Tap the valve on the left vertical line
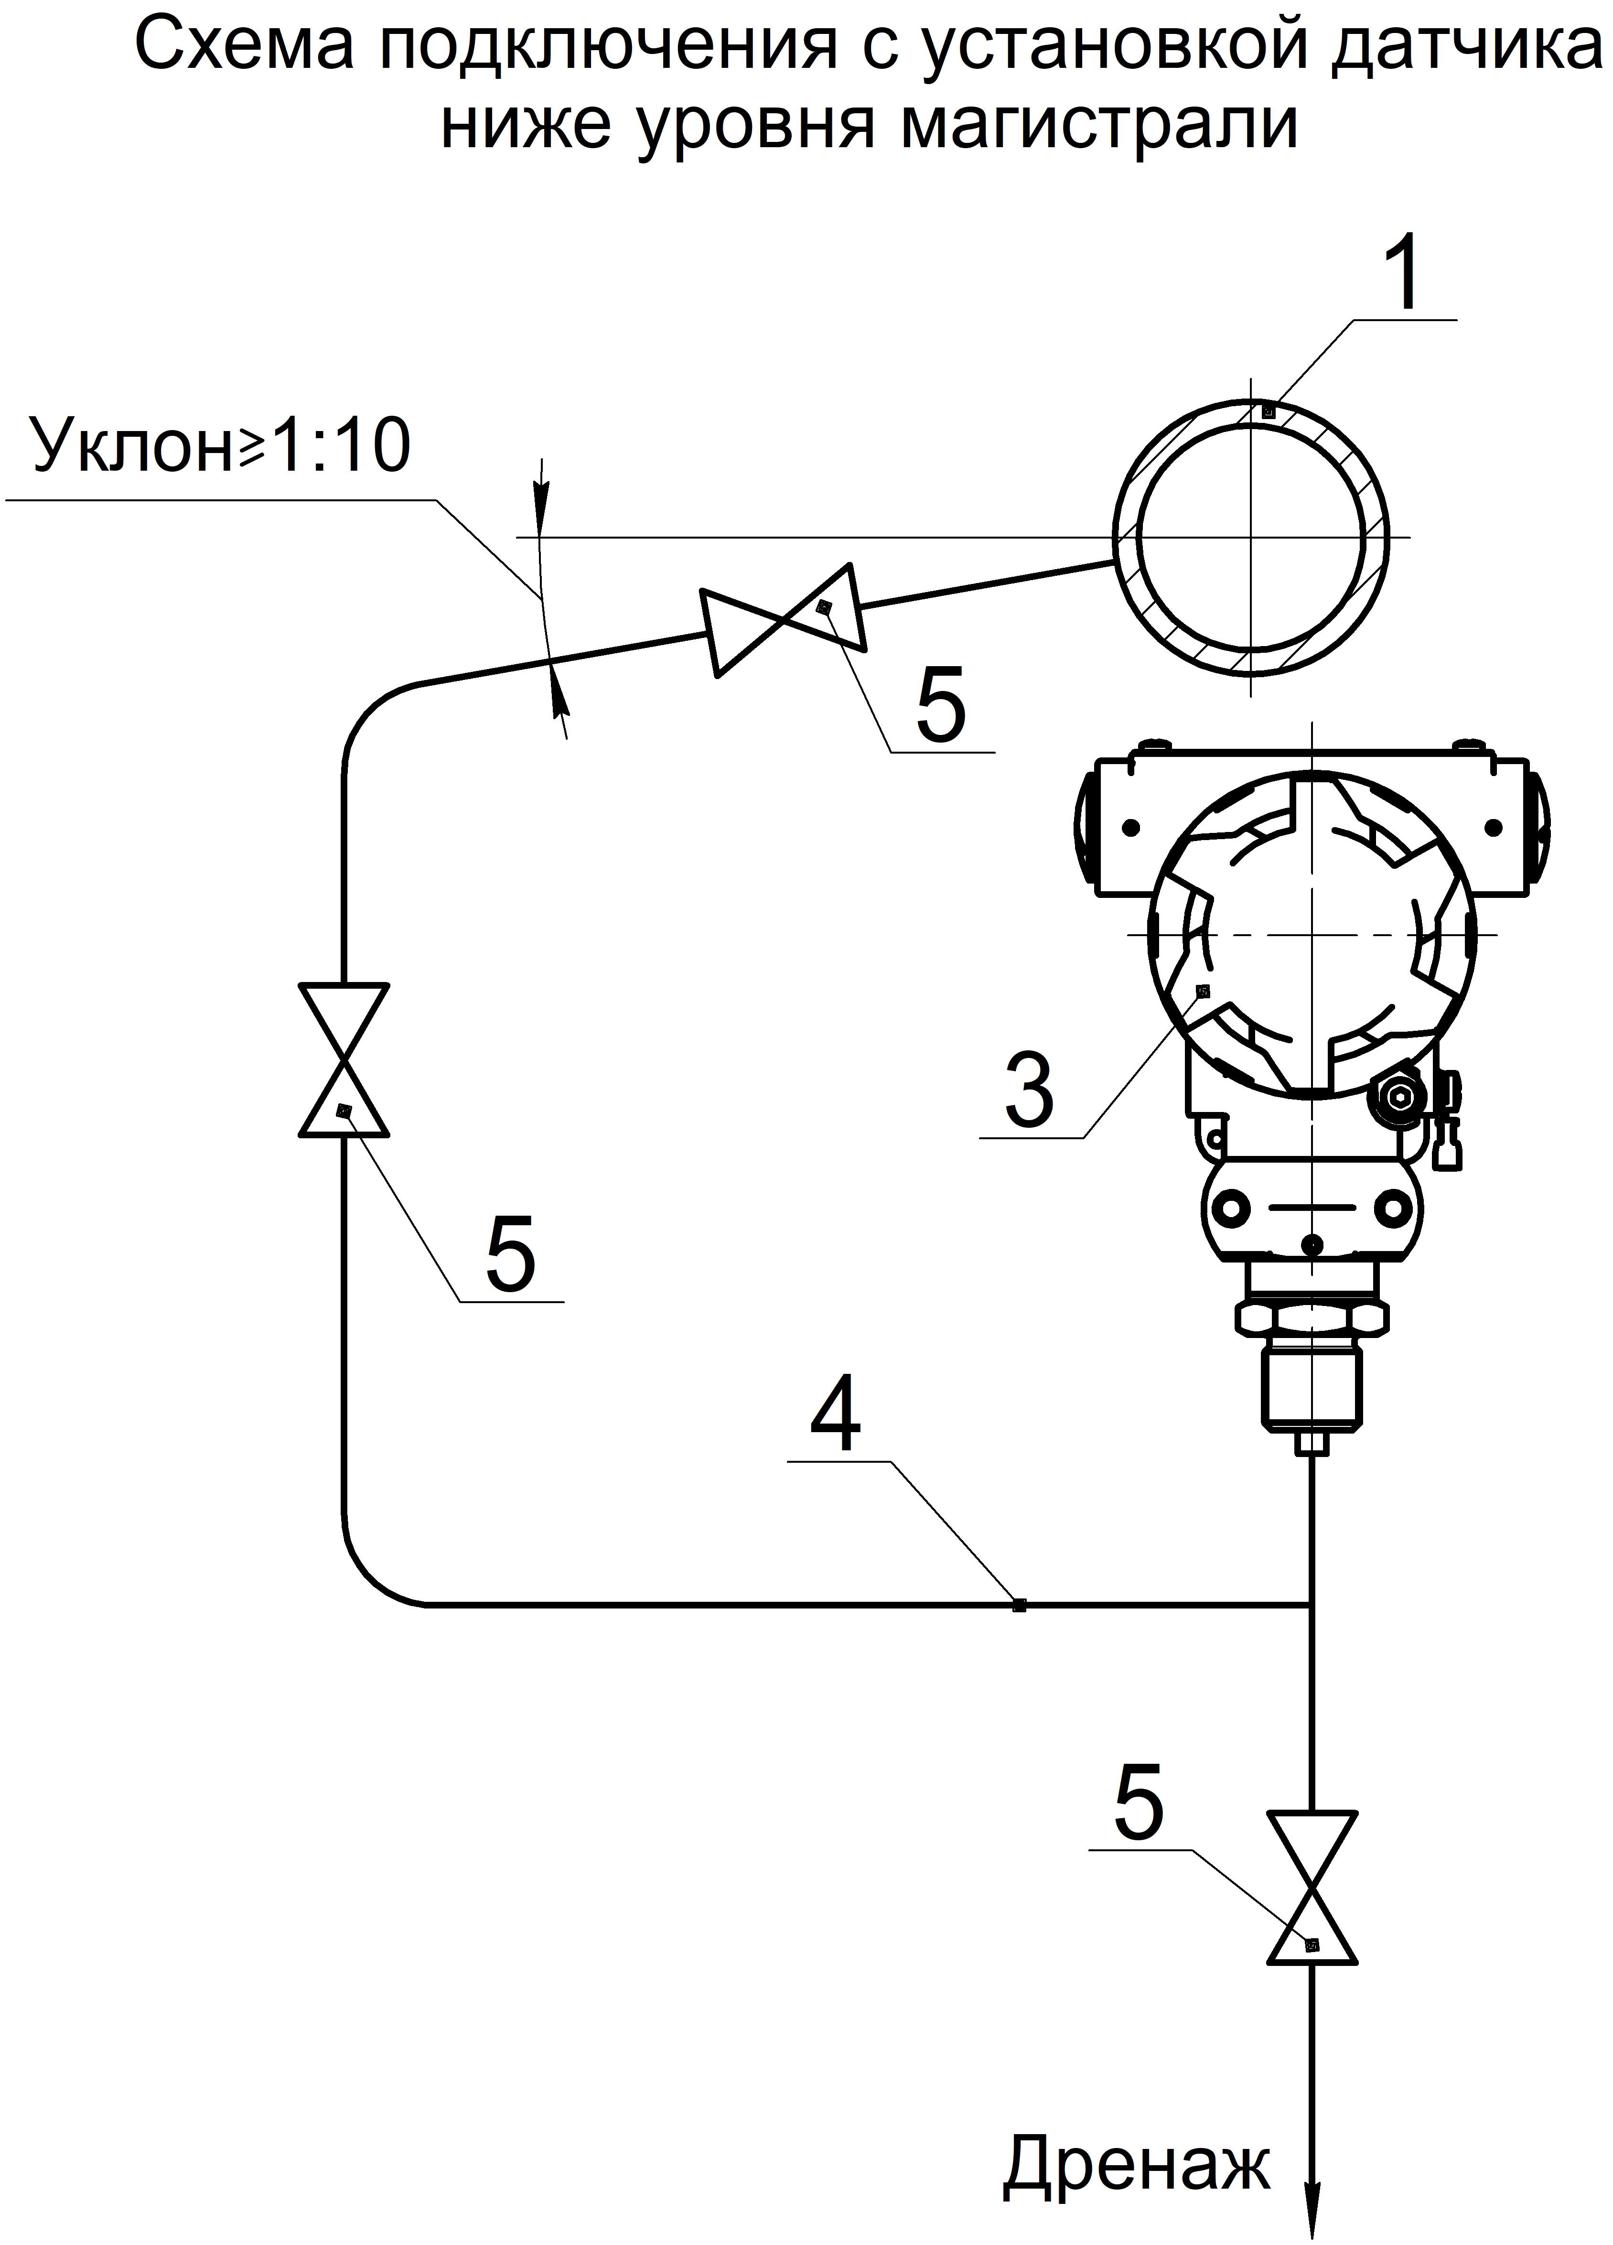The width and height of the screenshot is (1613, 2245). [x=344, y=1059]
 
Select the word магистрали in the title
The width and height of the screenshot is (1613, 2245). [x=1098, y=126]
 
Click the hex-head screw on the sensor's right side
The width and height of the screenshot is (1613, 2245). [x=1398, y=1096]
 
